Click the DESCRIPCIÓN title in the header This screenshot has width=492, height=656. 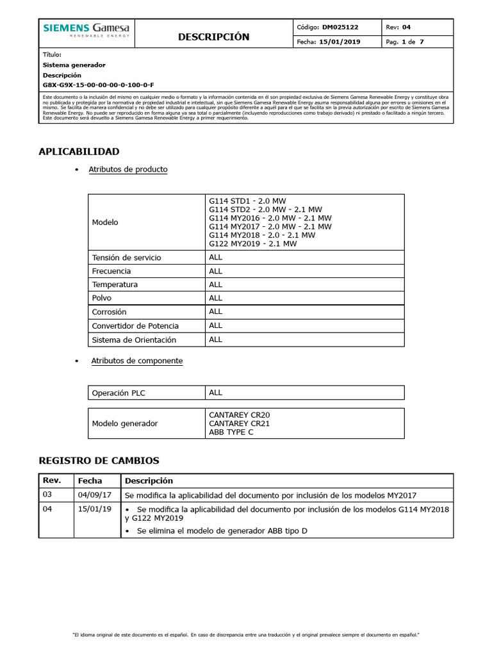[213, 37]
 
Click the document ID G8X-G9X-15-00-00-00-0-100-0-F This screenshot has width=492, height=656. [98, 85]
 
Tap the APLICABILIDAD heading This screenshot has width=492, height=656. [79, 152]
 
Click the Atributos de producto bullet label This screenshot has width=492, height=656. [128, 170]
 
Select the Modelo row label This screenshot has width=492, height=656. [105, 222]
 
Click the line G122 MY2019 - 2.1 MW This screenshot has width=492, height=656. [253, 243]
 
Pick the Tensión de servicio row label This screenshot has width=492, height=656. [126, 258]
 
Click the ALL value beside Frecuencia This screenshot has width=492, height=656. [216, 271]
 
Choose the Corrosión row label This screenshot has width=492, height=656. [110, 312]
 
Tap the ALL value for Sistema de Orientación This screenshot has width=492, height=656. [216, 340]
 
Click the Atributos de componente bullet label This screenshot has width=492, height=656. [136, 361]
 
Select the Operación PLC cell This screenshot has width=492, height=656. [119, 393]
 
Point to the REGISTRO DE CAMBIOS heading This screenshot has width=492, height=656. [99, 461]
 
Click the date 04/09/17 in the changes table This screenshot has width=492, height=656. [95, 495]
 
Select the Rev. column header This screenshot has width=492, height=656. [51, 480]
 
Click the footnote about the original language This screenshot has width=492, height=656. [246, 635]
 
